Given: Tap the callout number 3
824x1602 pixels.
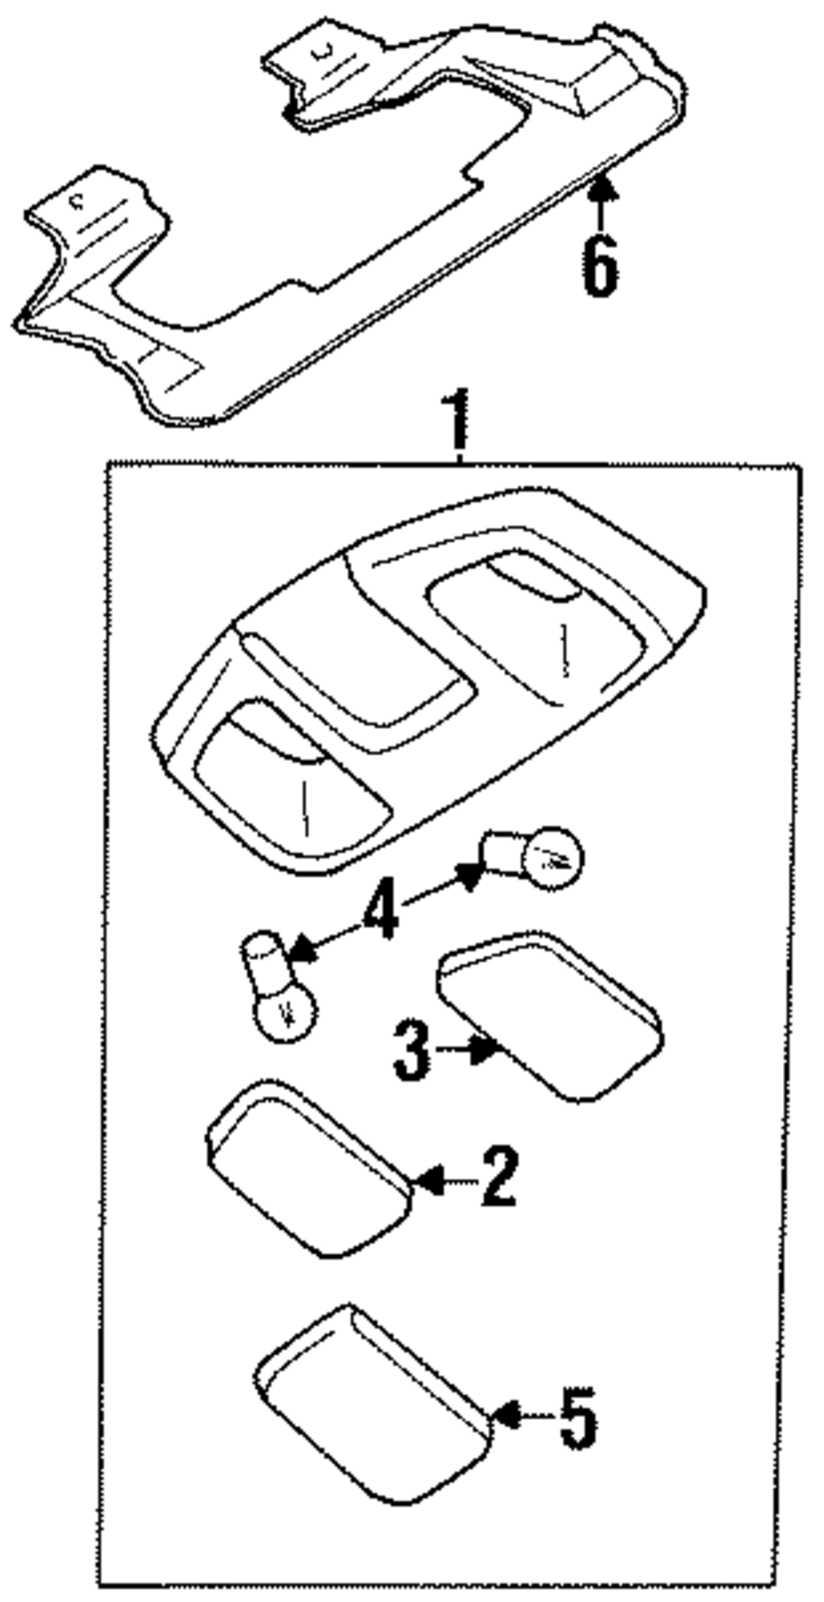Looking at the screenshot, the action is pos(411,1049).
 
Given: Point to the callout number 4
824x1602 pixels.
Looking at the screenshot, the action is pos(380,908).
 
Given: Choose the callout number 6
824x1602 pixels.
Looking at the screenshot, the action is pos(599,263).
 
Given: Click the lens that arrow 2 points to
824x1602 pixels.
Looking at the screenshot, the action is pos(309,1167).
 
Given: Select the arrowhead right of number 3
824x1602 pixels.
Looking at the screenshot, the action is pos(485,1049).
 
